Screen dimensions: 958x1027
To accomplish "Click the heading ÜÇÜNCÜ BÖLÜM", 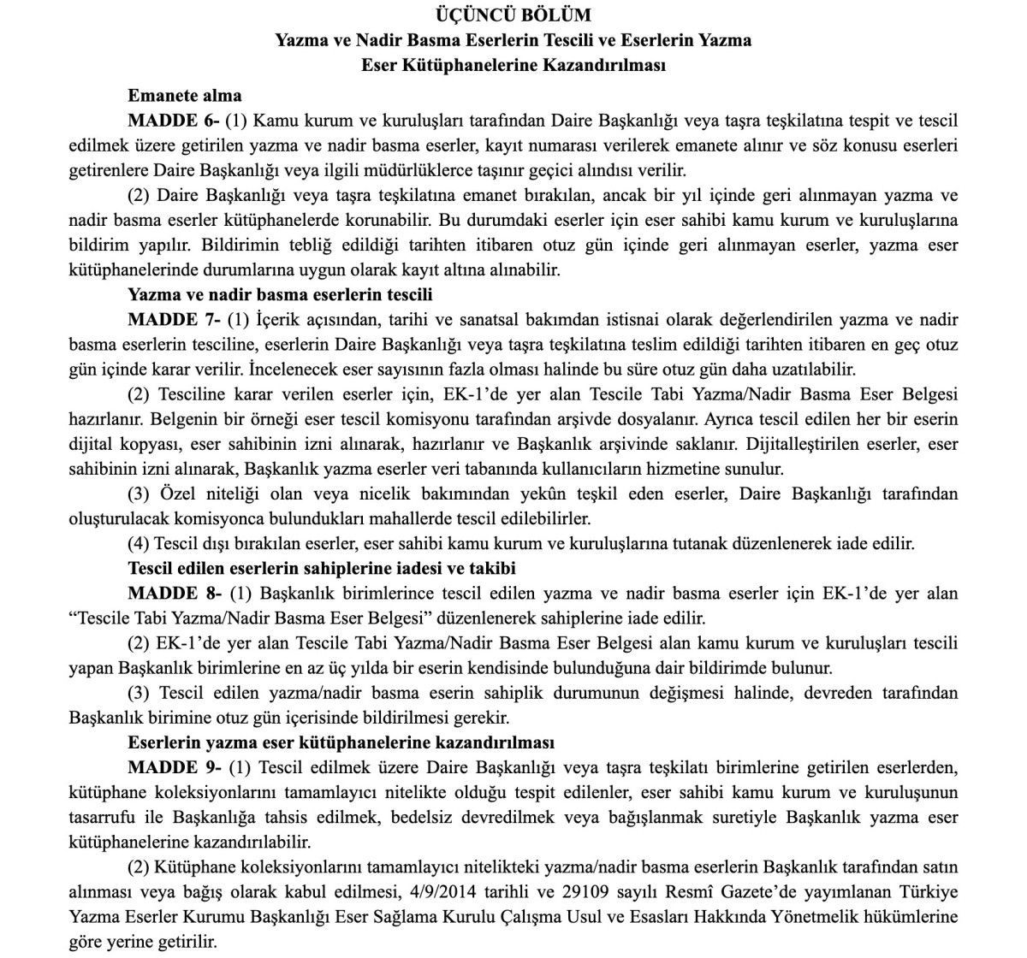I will (x=513, y=15).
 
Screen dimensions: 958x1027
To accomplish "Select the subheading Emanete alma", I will (x=185, y=95).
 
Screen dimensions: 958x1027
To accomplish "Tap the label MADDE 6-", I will (x=174, y=121).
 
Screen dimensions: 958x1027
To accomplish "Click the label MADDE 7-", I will (x=174, y=320).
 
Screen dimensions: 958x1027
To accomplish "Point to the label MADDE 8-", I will (x=174, y=593).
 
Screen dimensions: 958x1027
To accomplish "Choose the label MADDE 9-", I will (x=174, y=767).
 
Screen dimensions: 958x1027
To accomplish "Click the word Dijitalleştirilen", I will (x=808, y=445).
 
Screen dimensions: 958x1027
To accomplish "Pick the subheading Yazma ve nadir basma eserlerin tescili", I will (x=280, y=295).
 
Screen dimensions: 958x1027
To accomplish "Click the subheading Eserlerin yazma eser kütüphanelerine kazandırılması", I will (x=341, y=742).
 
